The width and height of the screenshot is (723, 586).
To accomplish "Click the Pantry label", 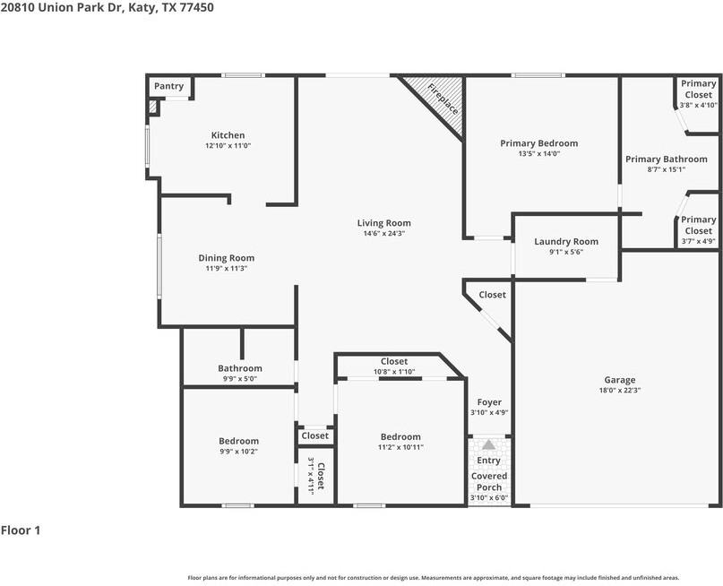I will pos(168,86).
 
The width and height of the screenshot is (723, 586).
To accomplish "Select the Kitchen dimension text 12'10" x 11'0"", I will pos(228,145).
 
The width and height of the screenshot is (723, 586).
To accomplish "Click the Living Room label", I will pos(383,223).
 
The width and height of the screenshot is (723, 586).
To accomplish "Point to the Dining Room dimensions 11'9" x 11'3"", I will pos(226,268).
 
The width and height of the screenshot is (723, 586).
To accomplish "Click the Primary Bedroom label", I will pos(538,143).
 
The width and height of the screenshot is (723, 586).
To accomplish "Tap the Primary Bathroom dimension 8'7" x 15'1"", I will pos(666,169).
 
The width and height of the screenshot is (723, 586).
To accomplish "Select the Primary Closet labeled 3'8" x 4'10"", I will pos(698,94).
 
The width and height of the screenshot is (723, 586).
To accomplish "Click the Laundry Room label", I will pos(565,242).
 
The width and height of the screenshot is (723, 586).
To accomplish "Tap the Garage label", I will pos(619,380).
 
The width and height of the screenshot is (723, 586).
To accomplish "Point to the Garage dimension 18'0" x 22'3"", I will pos(619,391).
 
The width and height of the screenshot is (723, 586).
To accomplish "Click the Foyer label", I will pos(489,402).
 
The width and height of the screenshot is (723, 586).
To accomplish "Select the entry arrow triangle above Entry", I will pos(488,444).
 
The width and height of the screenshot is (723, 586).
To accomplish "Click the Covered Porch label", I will pos(489,481).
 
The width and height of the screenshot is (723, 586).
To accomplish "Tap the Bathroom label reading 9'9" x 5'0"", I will pos(240,368).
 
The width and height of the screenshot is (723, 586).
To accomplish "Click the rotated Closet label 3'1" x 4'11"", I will pos(316,476).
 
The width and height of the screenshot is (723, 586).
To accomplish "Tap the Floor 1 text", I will pos(21,530).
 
